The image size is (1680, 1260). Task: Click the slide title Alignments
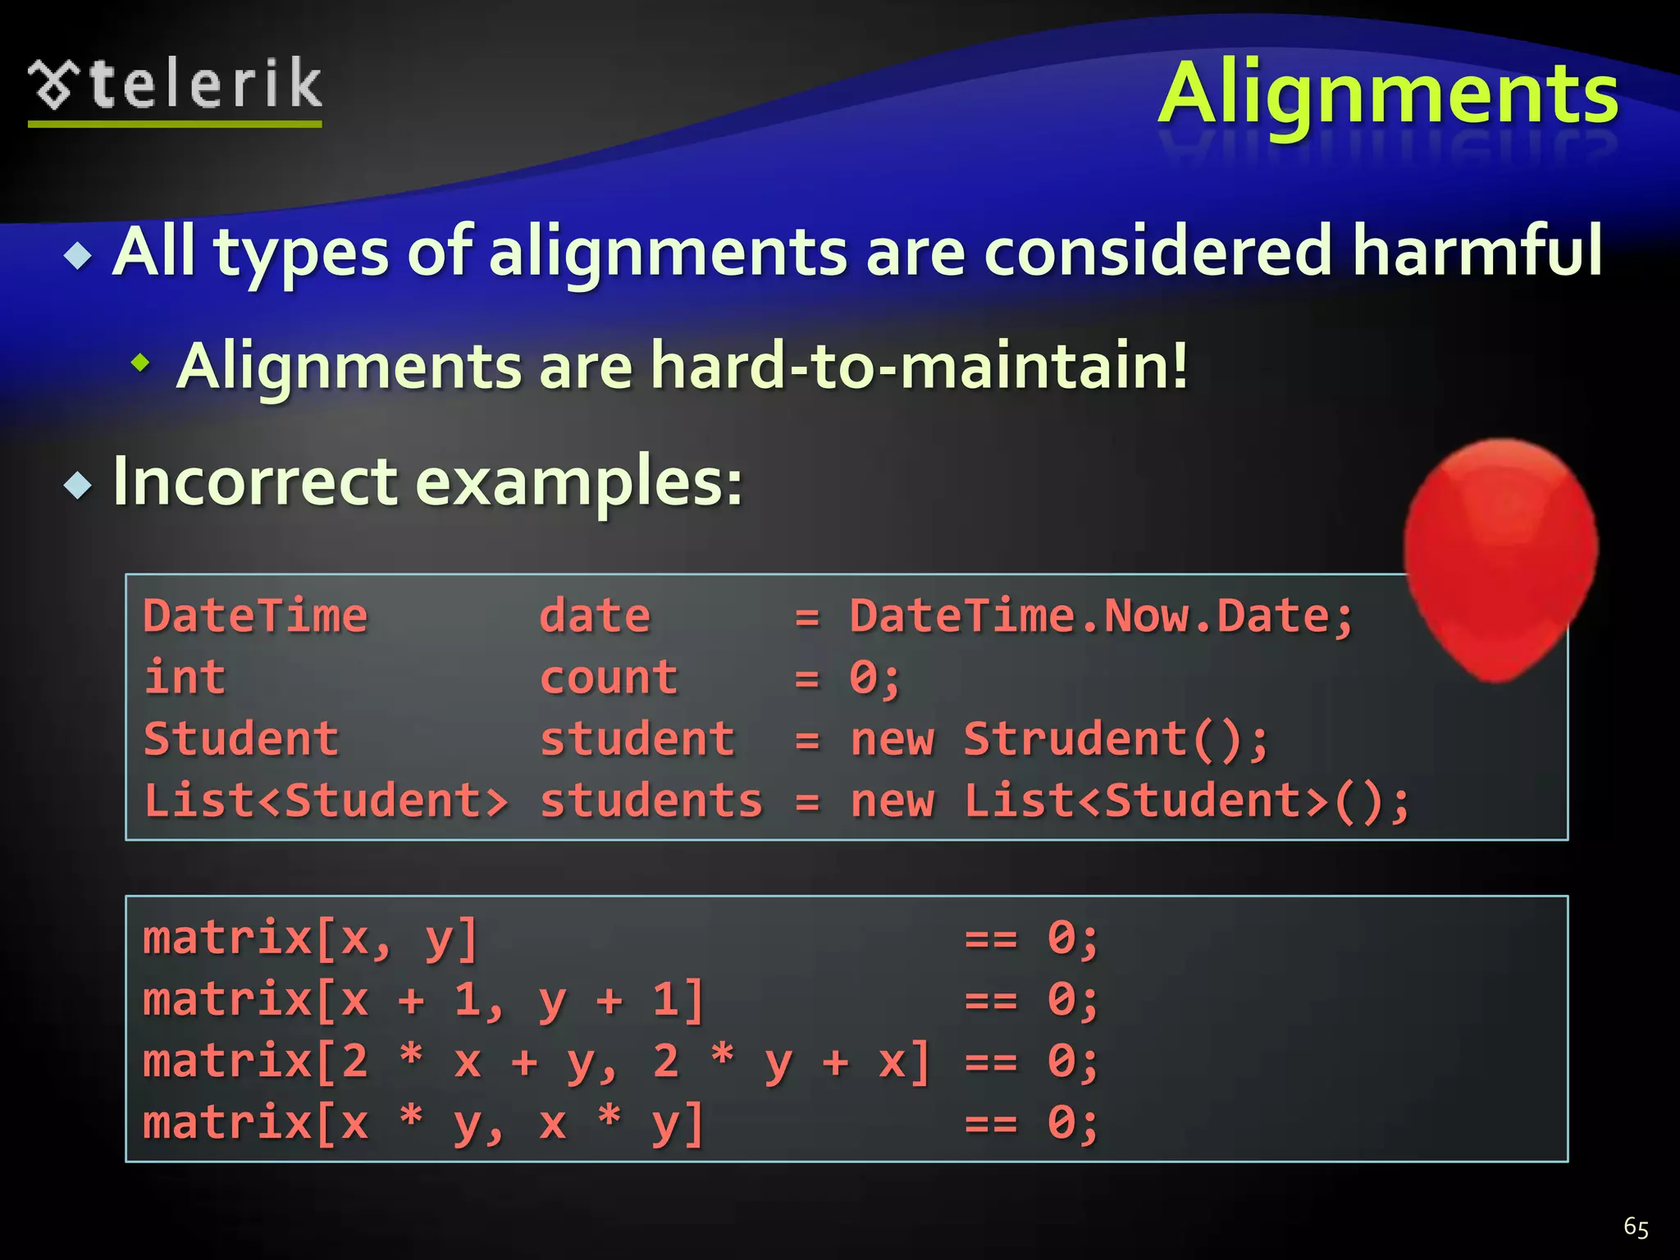(x=1388, y=95)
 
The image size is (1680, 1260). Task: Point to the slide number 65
(x=1636, y=1227)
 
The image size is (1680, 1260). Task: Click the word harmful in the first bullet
(x=1477, y=251)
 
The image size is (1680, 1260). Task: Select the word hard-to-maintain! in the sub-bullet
(x=919, y=366)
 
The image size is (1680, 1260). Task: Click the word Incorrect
(x=254, y=482)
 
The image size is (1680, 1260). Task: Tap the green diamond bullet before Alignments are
(x=141, y=362)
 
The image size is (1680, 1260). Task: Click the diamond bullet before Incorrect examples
(x=78, y=486)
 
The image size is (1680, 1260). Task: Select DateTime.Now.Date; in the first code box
(x=1101, y=617)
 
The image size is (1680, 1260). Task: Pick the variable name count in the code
(x=609, y=678)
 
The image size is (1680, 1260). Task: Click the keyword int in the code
(x=185, y=678)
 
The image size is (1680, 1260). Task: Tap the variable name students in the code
(x=651, y=801)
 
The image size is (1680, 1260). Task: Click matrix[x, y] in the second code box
(x=310, y=938)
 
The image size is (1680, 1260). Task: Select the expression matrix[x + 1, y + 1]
(x=423, y=1000)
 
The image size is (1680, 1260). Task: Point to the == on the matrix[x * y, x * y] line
(x=991, y=1123)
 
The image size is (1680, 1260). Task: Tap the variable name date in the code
(x=595, y=617)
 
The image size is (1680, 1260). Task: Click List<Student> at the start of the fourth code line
(x=326, y=801)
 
